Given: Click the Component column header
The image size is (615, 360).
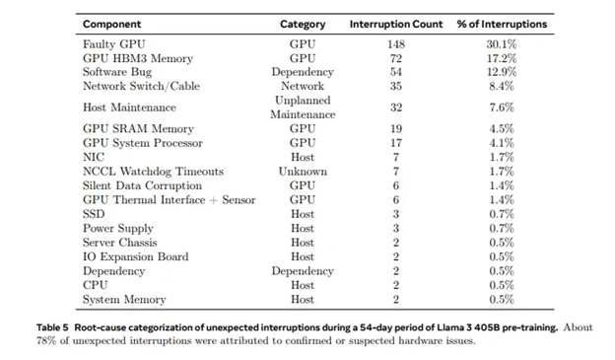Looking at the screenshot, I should click(113, 23).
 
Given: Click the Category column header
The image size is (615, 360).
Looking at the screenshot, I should click(303, 23).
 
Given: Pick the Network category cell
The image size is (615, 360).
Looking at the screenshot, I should click(303, 86).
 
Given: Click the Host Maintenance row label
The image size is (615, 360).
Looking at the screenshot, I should click(129, 108).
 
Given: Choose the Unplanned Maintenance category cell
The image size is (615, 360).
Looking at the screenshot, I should click(303, 108).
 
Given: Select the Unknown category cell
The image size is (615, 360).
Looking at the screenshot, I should click(303, 172).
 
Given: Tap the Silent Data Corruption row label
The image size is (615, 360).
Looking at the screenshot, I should click(142, 185).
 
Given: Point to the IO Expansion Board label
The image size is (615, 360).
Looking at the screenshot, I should click(134, 256).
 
